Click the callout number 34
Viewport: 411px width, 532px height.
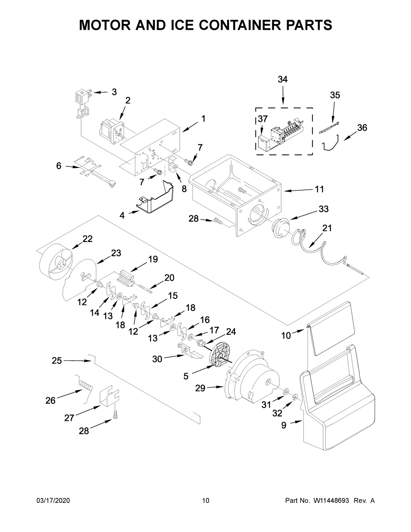click(283, 79)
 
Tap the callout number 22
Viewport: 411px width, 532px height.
click(87, 239)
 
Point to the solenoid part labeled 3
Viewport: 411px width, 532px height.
click(82, 97)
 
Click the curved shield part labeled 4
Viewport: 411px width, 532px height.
click(155, 199)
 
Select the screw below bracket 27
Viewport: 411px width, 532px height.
click(115, 416)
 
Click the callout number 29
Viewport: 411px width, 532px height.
click(200, 388)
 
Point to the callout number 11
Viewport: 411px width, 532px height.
click(319, 189)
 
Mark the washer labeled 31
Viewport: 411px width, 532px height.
click(286, 392)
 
